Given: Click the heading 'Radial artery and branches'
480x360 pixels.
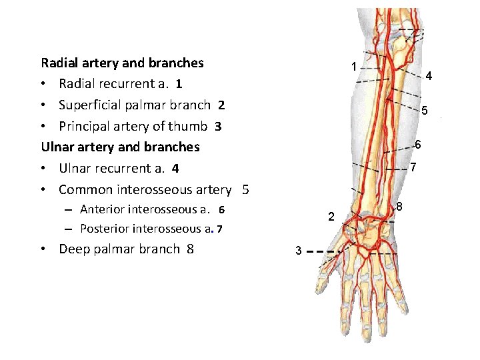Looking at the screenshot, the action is tap(123, 63).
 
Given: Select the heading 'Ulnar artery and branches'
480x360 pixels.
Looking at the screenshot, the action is tap(120, 147).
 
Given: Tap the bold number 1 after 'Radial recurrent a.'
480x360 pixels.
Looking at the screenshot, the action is tap(179, 84).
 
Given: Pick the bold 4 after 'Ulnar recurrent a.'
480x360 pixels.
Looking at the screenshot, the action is tap(175, 169).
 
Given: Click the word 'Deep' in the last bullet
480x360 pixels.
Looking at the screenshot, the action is tap(74, 249).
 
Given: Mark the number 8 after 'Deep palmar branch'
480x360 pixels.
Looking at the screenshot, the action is tap(191, 249).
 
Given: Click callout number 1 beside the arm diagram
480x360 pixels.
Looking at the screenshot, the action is tap(354, 67).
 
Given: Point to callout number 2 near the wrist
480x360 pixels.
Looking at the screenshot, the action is tap(331, 217).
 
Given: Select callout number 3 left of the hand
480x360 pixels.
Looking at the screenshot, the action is tap(299, 251).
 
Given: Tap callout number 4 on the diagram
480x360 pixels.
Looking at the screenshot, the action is tap(429, 75).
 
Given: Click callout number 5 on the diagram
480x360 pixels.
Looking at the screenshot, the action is tap(424, 110).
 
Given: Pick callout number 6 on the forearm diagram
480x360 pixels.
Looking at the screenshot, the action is tap(418, 144).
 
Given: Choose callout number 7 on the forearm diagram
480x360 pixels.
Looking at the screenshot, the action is tap(413, 167).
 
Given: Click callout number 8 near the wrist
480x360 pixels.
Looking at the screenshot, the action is tap(399, 207).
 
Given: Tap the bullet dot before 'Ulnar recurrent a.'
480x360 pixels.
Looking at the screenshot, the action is tap(43, 169).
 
